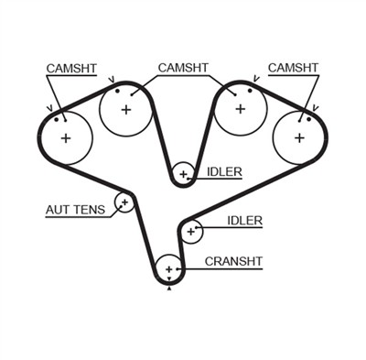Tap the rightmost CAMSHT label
296,69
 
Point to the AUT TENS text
76,210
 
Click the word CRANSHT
233,261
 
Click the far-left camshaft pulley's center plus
66,138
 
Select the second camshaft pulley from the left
125,110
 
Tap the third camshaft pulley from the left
241,109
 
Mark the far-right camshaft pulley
299,137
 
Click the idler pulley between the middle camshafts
183,173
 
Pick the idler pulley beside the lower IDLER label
191,232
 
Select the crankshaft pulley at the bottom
169,269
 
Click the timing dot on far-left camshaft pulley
57,117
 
